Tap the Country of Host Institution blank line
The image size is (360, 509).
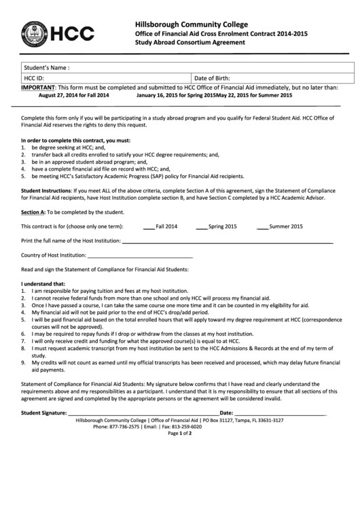(140, 256)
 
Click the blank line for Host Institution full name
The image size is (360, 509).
(228, 241)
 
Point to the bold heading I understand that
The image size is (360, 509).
(43, 283)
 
